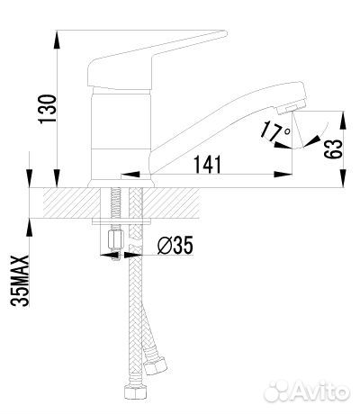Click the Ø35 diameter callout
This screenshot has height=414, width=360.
(x=173, y=244)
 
